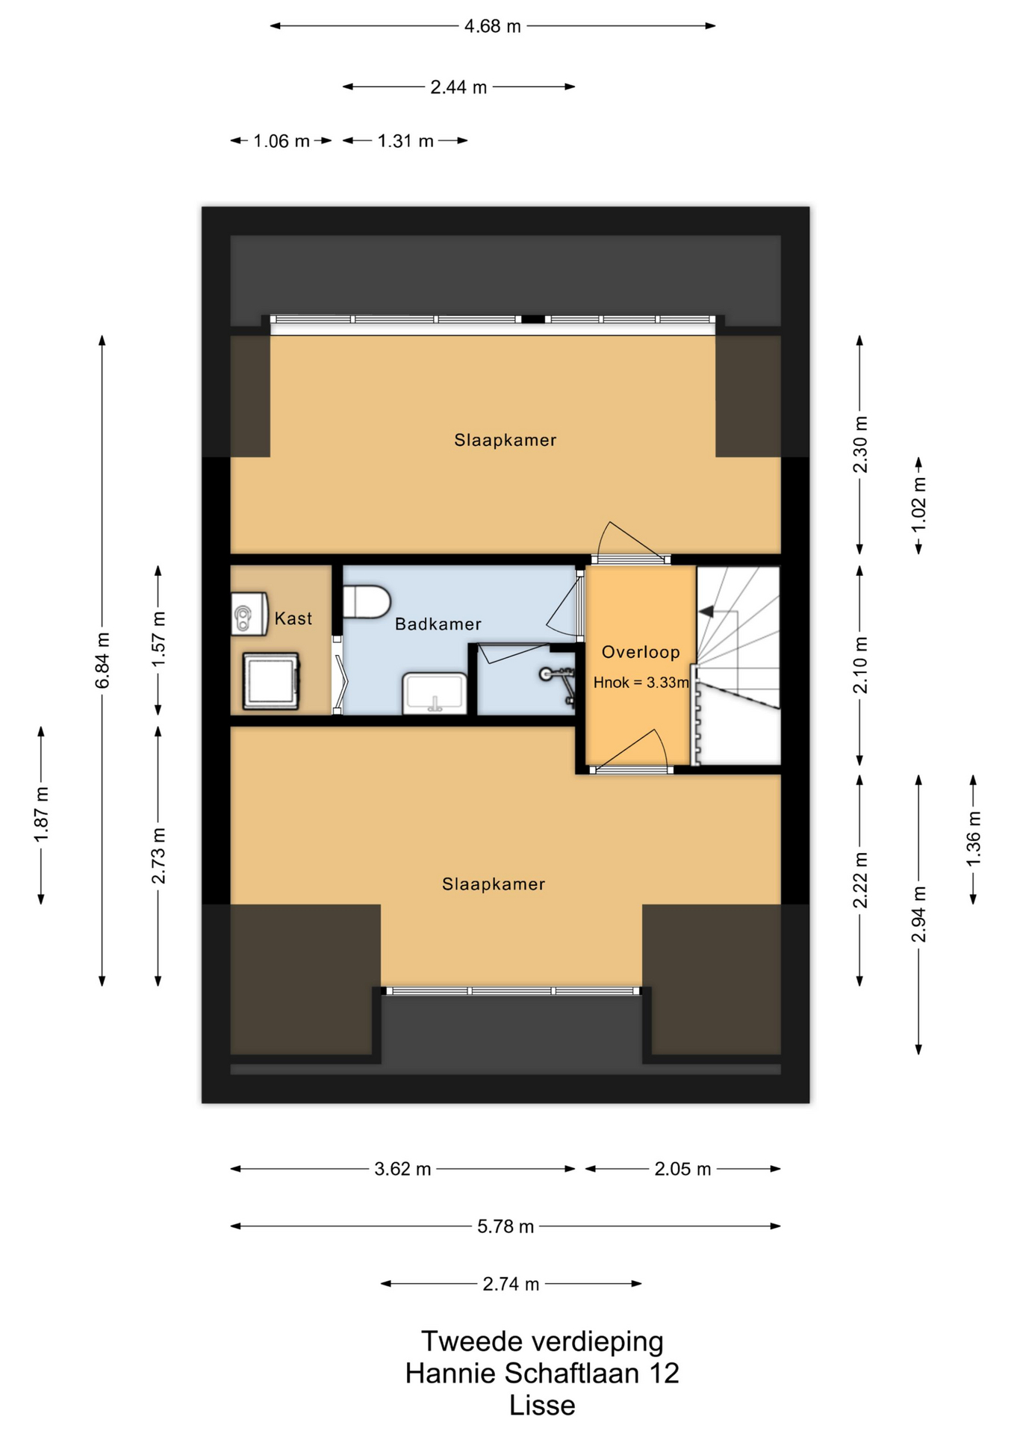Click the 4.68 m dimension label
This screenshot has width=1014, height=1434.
tap(493, 26)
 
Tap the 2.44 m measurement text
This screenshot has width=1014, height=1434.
tap(458, 87)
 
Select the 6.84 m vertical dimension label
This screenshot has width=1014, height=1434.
tap(103, 660)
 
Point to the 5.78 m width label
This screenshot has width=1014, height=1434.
tap(506, 1226)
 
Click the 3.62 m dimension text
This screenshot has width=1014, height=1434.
tap(402, 1169)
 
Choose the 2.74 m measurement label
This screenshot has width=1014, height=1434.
tap(511, 1284)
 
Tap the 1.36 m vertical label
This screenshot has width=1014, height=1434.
tap(974, 839)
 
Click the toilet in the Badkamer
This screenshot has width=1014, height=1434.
tap(367, 602)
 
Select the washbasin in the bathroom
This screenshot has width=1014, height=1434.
tap(435, 693)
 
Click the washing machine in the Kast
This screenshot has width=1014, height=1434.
tap(271, 681)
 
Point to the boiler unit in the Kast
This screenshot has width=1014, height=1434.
tap(249, 614)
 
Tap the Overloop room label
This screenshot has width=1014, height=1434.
tap(641, 652)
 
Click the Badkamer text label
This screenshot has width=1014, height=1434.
tap(438, 624)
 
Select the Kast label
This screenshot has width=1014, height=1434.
tap(293, 618)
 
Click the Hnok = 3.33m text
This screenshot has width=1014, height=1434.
tap(641, 682)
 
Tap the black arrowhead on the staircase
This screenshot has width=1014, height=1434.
tap(706, 612)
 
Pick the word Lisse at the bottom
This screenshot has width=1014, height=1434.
tap(542, 1406)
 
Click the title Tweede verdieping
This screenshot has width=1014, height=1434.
tap(542, 1341)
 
